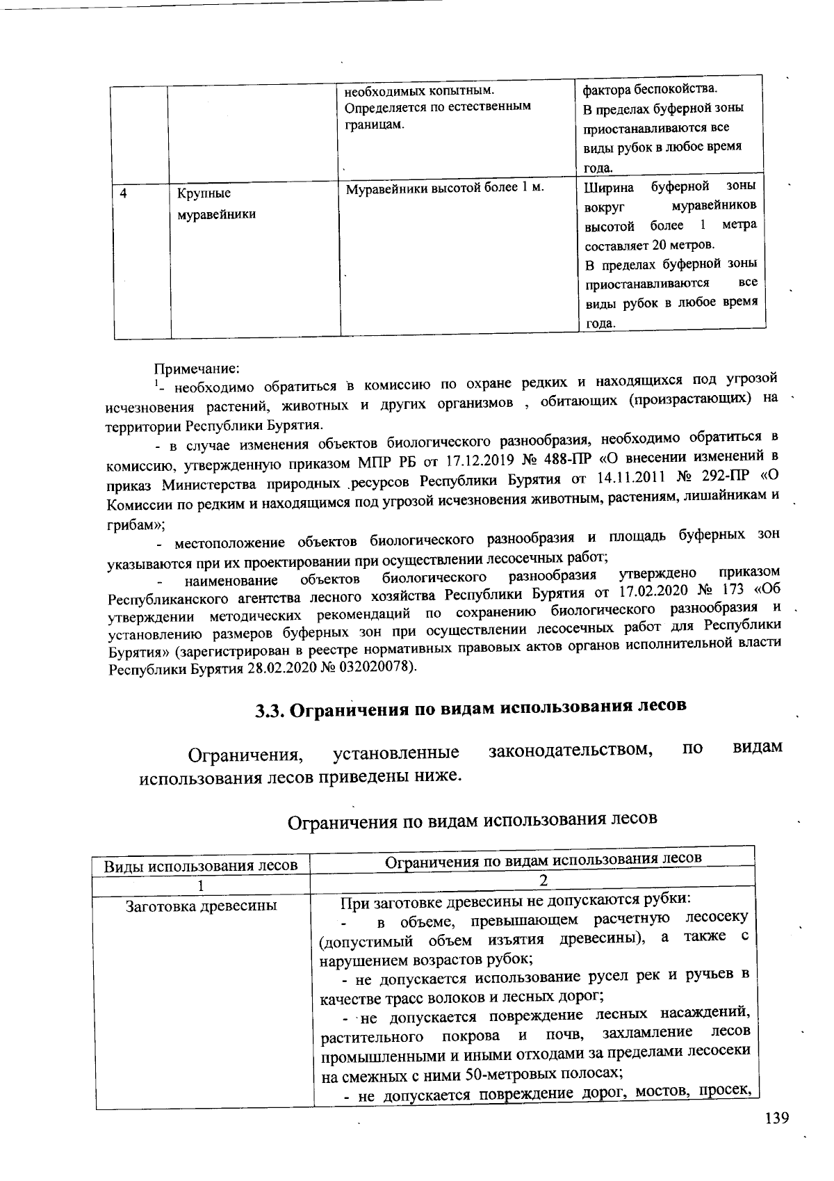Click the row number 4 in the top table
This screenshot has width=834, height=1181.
pyautogui.click(x=123, y=194)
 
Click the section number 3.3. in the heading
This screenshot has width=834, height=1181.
pyautogui.click(x=269, y=710)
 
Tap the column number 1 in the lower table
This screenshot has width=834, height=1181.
pyautogui.click(x=202, y=885)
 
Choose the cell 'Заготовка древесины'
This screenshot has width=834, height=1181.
pyautogui.click(x=201, y=906)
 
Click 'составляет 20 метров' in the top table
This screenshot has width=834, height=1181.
pyautogui.click(x=648, y=245)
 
